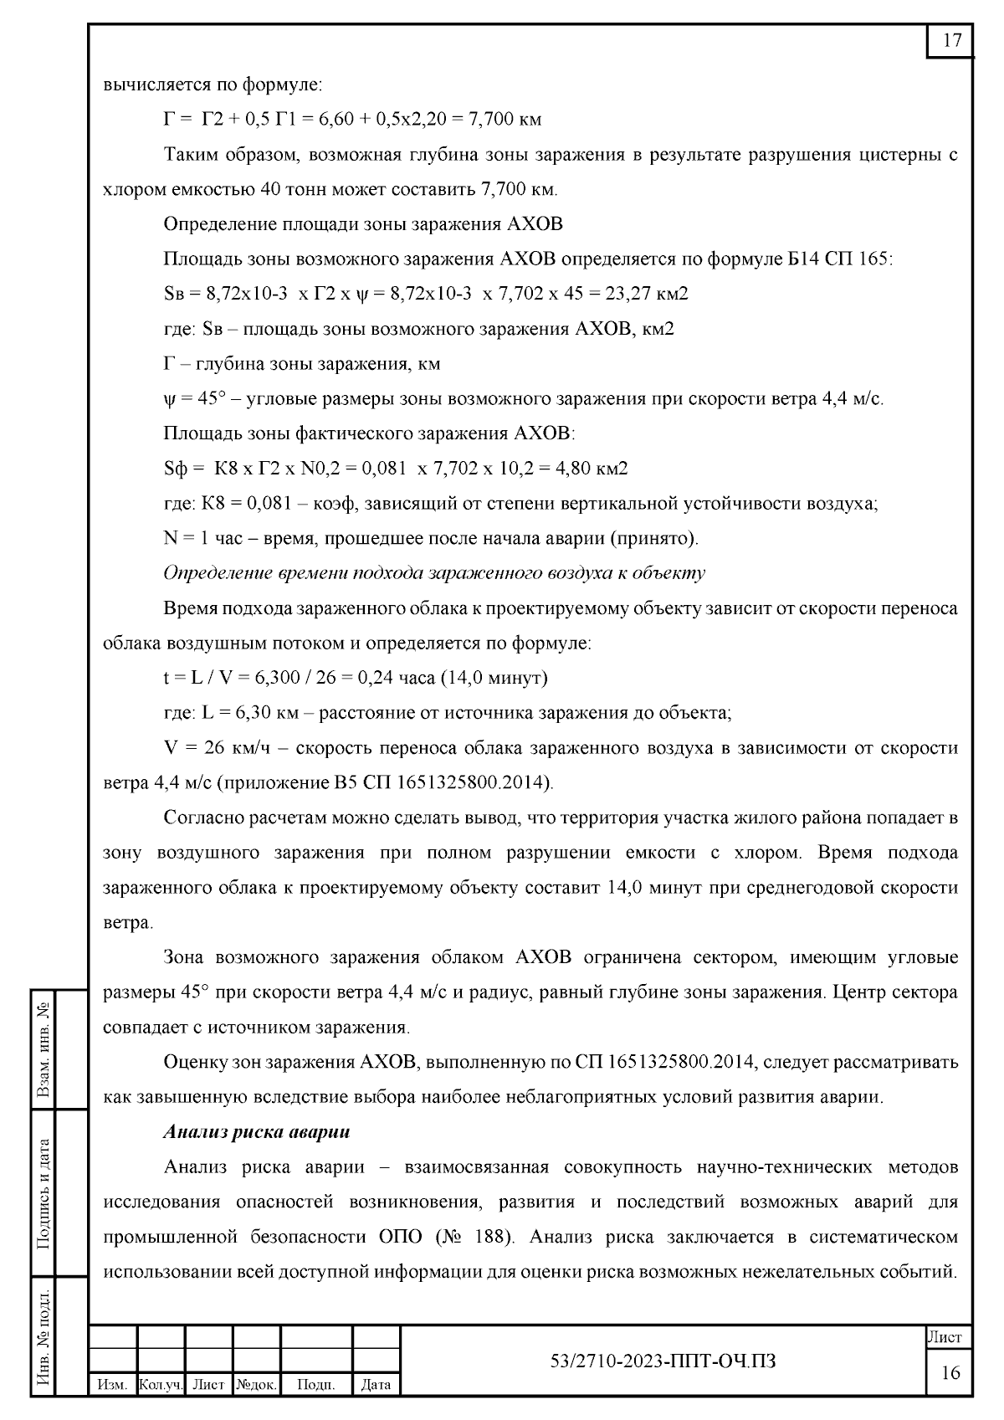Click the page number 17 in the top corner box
point(951,41)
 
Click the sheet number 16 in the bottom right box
point(950,1372)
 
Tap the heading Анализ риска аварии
point(257,1132)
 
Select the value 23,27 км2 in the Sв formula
point(643,294)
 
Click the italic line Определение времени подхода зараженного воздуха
point(433,573)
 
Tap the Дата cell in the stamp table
point(375,1385)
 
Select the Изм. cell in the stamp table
point(111,1385)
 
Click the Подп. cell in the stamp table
point(315,1385)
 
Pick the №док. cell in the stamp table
point(256,1385)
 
